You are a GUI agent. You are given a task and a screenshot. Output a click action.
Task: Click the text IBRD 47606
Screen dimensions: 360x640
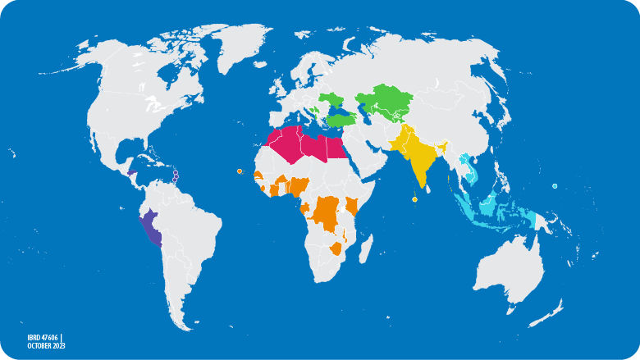coord(42,336)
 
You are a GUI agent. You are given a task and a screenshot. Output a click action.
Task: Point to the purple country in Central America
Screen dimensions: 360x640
coord(132,172)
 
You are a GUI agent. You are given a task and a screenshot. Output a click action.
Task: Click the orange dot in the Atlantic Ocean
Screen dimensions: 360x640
coord(239,171)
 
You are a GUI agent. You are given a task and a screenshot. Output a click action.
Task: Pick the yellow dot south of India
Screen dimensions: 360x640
coord(414,199)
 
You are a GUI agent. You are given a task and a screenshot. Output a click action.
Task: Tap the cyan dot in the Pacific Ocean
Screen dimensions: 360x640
coord(555,187)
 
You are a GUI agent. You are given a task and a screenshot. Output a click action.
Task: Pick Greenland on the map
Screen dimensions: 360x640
coord(246,49)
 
